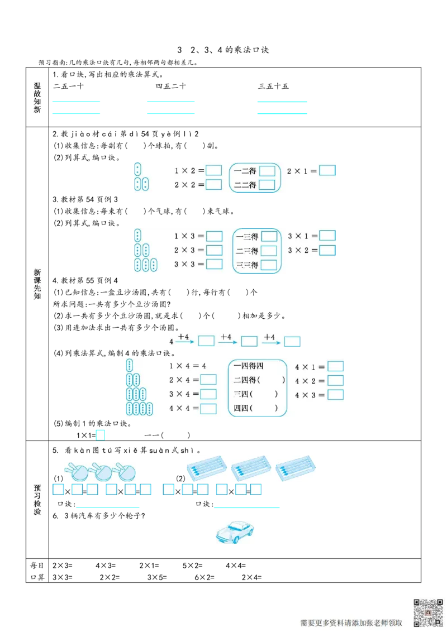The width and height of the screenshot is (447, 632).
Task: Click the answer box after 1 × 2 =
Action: click(x=213, y=170)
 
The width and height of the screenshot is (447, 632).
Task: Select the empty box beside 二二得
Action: click(x=267, y=185)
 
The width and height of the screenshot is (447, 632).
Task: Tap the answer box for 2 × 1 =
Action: click(x=327, y=170)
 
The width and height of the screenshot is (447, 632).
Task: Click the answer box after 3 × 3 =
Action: click(x=214, y=264)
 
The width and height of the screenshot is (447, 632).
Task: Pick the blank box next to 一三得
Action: click(x=269, y=236)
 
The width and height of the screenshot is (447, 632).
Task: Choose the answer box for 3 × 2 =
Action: click(x=327, y=250)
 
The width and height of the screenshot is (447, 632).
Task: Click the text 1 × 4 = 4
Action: click(x=188, y=366)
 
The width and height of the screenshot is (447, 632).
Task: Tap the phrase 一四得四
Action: click(x=249, y=366)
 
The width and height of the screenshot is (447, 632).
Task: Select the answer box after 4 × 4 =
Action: click(x=208, y=409)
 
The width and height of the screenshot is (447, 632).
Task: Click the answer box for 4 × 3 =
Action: click(x=335, y=395)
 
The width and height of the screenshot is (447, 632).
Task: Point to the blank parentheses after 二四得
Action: click(x=271, y=380)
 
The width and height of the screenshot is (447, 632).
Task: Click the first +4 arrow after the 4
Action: click(x=183, y=338)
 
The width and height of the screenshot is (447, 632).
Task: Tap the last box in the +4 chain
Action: click(x=292, y=341)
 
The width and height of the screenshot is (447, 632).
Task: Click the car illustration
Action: click(x=235, y=532)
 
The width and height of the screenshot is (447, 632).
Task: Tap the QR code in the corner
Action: click(x=427, y=612)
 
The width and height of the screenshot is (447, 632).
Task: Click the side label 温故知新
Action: click(x=37, y=98)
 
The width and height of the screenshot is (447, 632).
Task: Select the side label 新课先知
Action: click(x=37, y=285)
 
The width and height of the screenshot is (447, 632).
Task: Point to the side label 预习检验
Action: click(x=37, y=500)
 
